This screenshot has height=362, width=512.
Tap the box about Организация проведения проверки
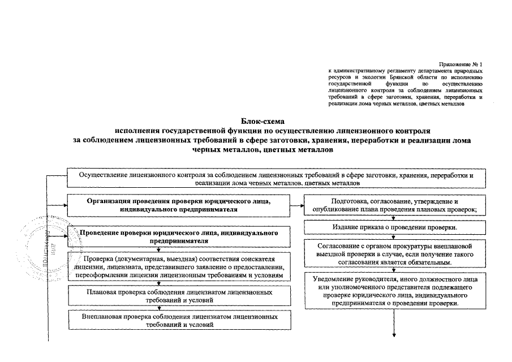pos(178,205)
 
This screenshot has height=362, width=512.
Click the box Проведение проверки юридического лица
pos(178,236)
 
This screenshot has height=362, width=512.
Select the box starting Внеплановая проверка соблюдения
pos(178,321)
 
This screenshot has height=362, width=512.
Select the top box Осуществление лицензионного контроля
pos(276,179)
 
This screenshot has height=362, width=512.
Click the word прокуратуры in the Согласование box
pos(416,247)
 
